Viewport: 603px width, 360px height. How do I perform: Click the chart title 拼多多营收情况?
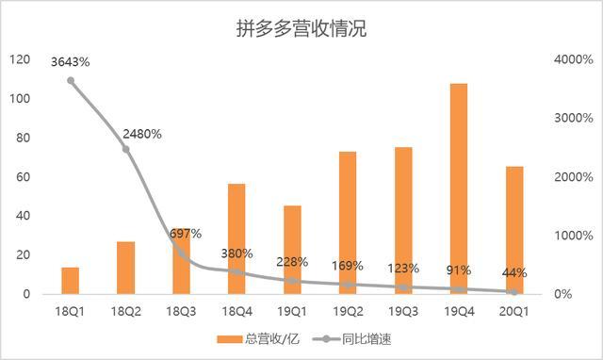coord(301,29)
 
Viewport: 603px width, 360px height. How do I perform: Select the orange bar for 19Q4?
coord(459,188)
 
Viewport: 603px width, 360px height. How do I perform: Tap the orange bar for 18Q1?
coord(71,280)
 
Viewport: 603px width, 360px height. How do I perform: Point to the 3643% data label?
coord(71,62)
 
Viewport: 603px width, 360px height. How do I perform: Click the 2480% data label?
coord(142,133)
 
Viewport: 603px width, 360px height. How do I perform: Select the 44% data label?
coord(514,273)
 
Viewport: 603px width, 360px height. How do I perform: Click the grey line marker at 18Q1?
coord(71,80)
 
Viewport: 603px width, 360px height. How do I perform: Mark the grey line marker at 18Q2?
coord(126,149)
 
